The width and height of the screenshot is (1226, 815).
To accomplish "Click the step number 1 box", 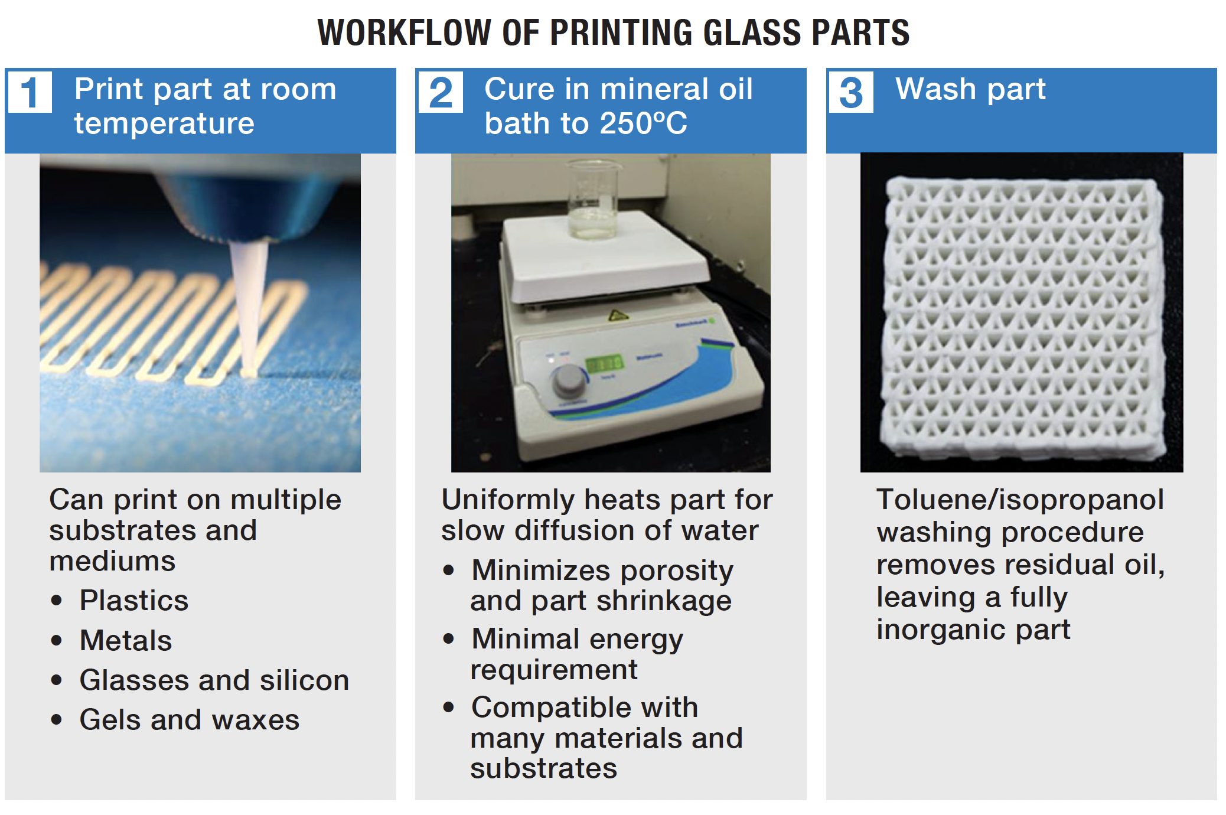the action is pos(30,92).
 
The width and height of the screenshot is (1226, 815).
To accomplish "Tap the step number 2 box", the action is pos(441,92).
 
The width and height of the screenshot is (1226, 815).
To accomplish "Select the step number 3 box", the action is pos(851,92).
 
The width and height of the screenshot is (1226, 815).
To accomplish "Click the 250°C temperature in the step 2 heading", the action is pos(644,123).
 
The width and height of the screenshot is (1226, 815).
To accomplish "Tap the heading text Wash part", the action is pos(970,90).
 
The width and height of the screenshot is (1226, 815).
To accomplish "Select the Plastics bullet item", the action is pos(134,601).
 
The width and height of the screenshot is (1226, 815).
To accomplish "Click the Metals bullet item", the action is pos(126,641).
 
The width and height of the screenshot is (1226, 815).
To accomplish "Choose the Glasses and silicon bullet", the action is pos(214,680).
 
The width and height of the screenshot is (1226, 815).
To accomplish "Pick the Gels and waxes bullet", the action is pos(190,720).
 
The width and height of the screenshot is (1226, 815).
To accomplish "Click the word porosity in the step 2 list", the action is pos(677,572).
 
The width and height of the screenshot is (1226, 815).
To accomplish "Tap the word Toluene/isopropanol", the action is pos(1020,500).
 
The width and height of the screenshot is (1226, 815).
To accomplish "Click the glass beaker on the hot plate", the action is pos(593,199).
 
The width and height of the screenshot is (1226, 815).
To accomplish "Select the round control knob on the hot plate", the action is pos(569,381).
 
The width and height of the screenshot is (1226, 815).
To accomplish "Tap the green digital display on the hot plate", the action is pos(604,363).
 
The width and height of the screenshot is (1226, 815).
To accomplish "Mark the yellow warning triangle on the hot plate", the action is pos(617,315).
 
